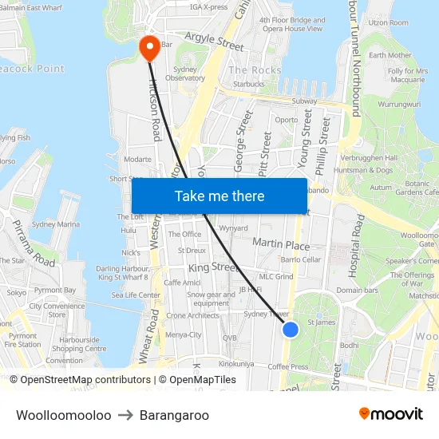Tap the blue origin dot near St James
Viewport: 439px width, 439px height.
pos(291,329)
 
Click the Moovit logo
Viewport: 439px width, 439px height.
pos(391,413)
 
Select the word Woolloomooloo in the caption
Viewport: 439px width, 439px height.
pos(63,415)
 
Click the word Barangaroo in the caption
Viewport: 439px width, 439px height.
pos(174,415)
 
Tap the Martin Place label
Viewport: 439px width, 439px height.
pos(280,243)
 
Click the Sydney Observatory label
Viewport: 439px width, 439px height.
pos(189,73)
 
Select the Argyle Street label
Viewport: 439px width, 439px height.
pos(214,42)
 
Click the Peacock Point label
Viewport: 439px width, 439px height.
pos(32,69)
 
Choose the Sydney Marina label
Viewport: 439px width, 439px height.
pos(55,225)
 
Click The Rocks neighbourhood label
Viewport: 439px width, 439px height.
pos(255,70)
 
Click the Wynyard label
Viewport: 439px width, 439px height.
pos(233,228)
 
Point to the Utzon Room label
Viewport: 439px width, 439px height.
pos(388,23)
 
